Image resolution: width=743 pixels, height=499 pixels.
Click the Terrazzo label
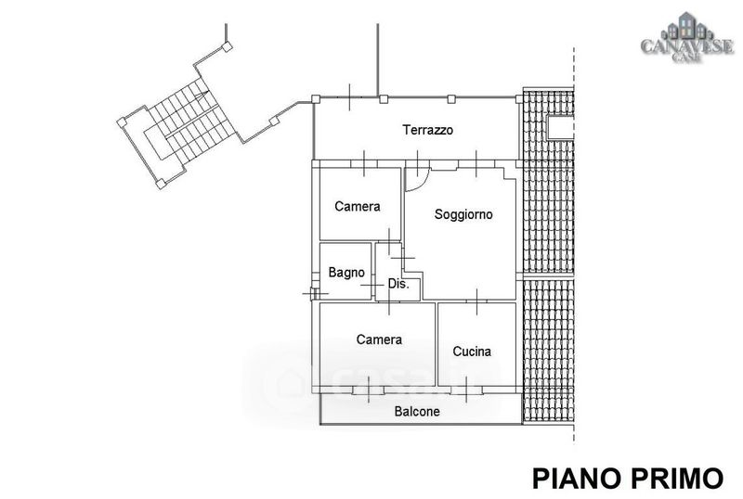pyautogui.click(x=427, y=131)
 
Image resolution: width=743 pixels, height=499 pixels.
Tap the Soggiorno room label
pyautogui.click(x=463, y=214)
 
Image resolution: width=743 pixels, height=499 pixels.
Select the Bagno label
pyautogui.click(x=346, y=273)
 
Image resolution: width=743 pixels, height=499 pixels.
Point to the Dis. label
pyautogui.click(x=398, y=284)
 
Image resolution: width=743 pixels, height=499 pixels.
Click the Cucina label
pyautogui.click(x=472, y=352)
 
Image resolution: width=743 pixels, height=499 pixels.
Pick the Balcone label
pyautogui.click(x=417, y=412)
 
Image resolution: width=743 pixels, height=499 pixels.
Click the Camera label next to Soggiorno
pyautogui.click(x=358, y=207)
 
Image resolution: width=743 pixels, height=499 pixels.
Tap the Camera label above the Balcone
pyautogui.click(x=379, y=339)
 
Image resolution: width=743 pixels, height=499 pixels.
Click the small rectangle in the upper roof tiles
pyautogui.click(x=560, y=127)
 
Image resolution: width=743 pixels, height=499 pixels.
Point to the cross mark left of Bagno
pyautogui.click(x=310, y=293)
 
